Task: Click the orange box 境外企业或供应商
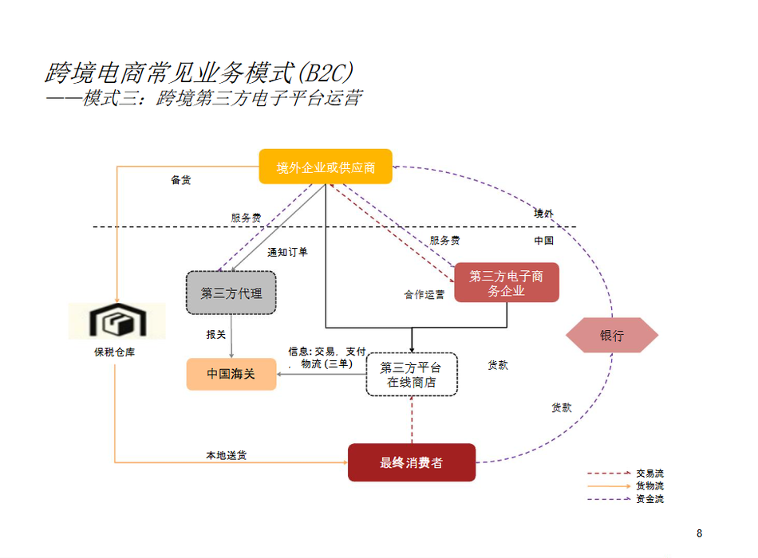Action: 326,167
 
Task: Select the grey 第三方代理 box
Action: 231,293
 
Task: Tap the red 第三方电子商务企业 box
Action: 507,283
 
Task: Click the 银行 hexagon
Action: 612,336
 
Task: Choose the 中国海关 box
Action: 231,374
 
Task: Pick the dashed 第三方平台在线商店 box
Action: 412,375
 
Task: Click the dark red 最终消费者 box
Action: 412,462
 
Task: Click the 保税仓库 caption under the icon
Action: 115,352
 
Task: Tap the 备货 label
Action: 181,180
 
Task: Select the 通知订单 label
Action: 287,252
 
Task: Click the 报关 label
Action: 216,335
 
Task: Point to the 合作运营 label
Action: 424,295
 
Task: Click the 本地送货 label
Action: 227,455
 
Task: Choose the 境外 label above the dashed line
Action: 543,214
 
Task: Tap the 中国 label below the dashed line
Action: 543,240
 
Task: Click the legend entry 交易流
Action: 649,474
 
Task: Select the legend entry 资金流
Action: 649,500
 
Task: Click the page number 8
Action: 700,533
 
